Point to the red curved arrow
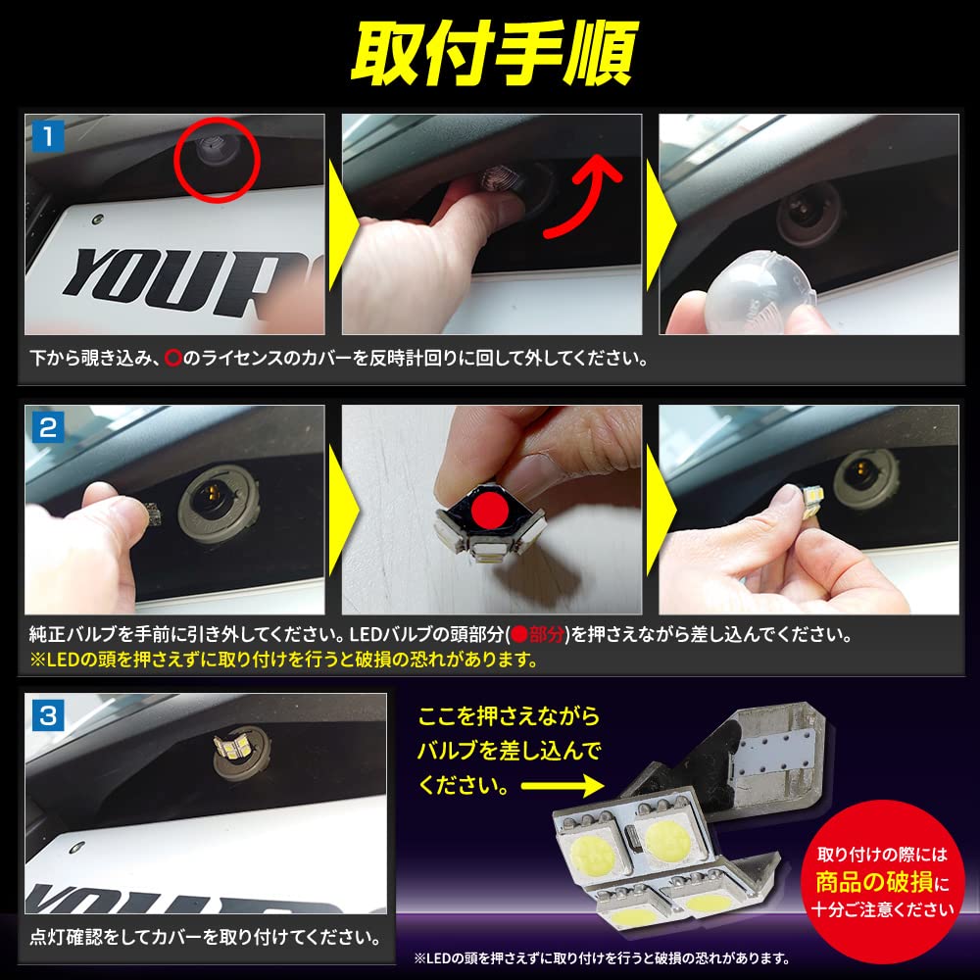(586, 200)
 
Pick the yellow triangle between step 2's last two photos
(650, 511)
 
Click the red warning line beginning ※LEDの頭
(284, 660)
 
